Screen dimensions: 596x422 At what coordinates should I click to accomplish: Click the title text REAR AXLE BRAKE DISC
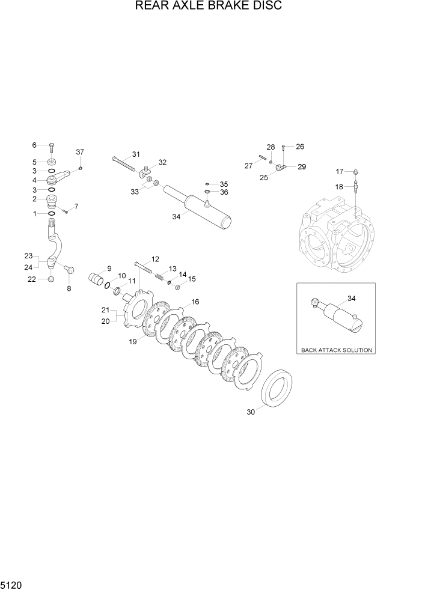tap(209, 7)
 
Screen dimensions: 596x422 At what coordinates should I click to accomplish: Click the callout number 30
tap(251, 412)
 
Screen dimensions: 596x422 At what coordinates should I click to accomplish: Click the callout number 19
tap(132, 342)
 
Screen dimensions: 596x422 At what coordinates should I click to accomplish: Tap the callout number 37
tap(80, 152)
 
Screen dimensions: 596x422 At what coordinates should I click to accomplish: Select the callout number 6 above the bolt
tap(34, 145)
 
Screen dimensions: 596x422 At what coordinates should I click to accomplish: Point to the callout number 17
tap(340, 171)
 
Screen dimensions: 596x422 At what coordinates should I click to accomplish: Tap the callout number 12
tap(155, 259)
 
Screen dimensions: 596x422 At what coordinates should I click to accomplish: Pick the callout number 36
tap(224, 192)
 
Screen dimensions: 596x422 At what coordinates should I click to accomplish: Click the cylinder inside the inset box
tap(340, 317)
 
